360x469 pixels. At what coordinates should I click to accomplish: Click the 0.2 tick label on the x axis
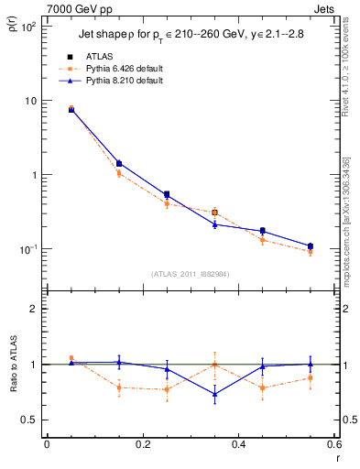142,446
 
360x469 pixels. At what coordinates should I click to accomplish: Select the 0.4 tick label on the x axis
238,446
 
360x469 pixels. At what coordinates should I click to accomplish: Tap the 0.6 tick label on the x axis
333,446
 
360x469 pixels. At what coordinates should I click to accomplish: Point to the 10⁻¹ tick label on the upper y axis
28,249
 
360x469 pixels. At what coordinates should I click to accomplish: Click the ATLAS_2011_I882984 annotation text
191,274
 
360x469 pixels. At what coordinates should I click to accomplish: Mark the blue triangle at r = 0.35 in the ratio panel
214,395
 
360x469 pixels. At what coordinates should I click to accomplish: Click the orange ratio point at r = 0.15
119,387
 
